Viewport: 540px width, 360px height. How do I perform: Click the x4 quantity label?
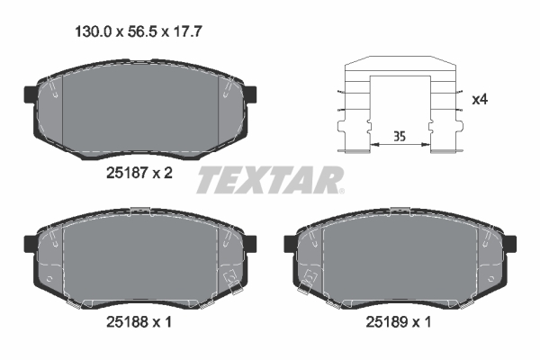pyautogui.click(x=480, y=99)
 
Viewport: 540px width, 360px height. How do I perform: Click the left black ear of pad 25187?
pyautogui.click(x=26, y=93)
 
